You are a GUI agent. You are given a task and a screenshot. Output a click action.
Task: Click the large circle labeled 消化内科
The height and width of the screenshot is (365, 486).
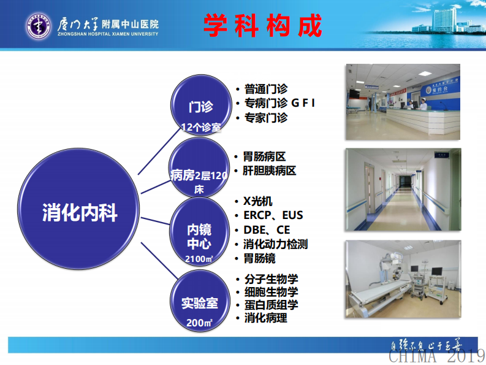pos(80,212)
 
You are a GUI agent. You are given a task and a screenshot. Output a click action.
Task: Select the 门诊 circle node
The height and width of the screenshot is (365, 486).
pos(200,106)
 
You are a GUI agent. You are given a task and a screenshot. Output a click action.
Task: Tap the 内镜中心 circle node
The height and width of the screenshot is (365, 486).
pos(200,236)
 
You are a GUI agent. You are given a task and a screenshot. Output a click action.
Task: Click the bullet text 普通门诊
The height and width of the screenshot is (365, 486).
pos(265,89)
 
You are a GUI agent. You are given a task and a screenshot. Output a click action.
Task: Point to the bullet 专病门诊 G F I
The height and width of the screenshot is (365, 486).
pos(279,103)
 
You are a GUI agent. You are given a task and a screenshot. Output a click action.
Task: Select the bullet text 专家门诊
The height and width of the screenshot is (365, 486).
pos(265,118)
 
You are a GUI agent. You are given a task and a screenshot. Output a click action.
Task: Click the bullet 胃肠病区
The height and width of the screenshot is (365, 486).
pos(265,157)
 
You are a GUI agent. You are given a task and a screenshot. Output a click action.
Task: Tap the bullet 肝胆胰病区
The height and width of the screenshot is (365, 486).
pos(270,171)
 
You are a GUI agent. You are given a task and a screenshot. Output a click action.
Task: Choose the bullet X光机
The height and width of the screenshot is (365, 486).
pos(257,201)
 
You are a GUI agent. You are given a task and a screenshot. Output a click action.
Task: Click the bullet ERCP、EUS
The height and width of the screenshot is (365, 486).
pos(273,215)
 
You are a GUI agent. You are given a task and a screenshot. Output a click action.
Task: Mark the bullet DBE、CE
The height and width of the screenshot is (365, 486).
pos(266,230)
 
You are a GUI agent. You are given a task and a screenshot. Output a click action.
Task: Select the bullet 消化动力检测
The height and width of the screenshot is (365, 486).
pos(275,245)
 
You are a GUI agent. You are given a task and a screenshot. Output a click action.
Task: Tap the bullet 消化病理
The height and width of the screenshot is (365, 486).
pos(265,318)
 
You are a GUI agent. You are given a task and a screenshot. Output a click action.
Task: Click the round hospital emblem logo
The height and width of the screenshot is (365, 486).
pos(39,25)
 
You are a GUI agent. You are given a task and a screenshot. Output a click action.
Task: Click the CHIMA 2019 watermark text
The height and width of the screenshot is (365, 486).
pos(436,355)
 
